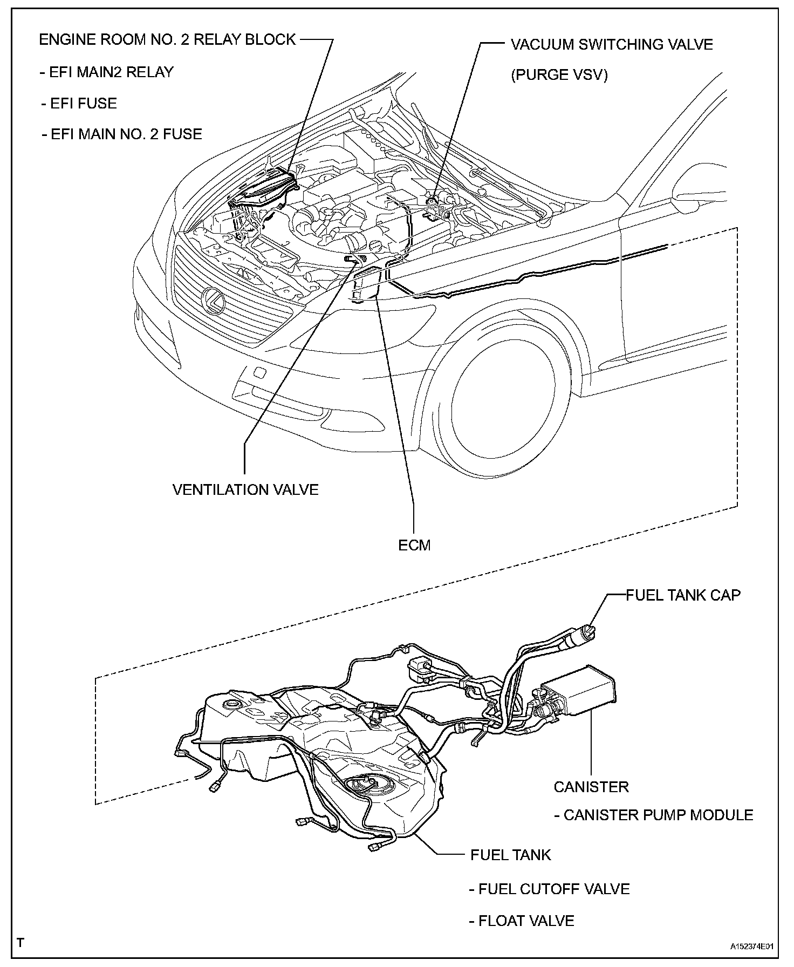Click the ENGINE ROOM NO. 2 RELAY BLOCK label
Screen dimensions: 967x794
[x=167, y=40]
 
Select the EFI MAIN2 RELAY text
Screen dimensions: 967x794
[x=106, y=72]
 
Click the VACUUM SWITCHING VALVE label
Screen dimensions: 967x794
[x=612, y=44]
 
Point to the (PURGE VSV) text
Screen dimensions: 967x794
[x=559, y=75]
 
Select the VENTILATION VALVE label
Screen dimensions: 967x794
[x=245, y=489]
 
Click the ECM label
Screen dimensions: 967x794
[x=414, y=545]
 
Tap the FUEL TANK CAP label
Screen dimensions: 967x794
[x=683, y=595]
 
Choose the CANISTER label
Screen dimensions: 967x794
[x=591, y=787]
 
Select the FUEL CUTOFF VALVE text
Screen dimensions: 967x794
[x=549, y=889]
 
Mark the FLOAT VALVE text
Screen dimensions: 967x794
[x=521, y=921]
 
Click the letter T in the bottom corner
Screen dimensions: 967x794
[x=20, y=943]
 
